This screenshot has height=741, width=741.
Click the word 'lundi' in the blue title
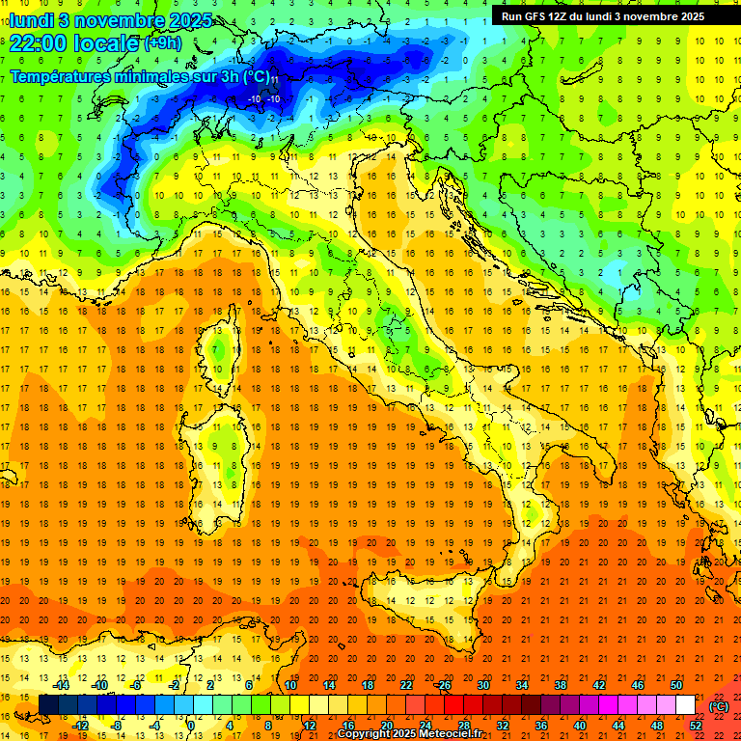(x=30, y=19)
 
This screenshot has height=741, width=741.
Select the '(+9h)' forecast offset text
(x=161, y=42)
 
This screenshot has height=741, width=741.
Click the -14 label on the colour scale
(x=61, y=685)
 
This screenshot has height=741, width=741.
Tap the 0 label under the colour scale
(x=191, y=726)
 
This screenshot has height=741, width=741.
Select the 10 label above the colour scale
(x=290, y=685)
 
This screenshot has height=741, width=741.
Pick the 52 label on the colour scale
(x=696, y=726)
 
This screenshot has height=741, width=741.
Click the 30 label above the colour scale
(x=482, y=685)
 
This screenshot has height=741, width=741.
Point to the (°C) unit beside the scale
(x=719, y=705)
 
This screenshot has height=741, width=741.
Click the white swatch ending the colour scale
(x=685, y=705)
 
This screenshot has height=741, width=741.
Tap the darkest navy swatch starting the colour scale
(x=48, y=705)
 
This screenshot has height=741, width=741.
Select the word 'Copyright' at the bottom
(x=364, y=734)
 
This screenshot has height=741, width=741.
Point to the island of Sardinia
(x=222, y=453)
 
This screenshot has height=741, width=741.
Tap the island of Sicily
(x=425, y=613)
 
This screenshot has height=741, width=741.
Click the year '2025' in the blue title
(x=170, y=19)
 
